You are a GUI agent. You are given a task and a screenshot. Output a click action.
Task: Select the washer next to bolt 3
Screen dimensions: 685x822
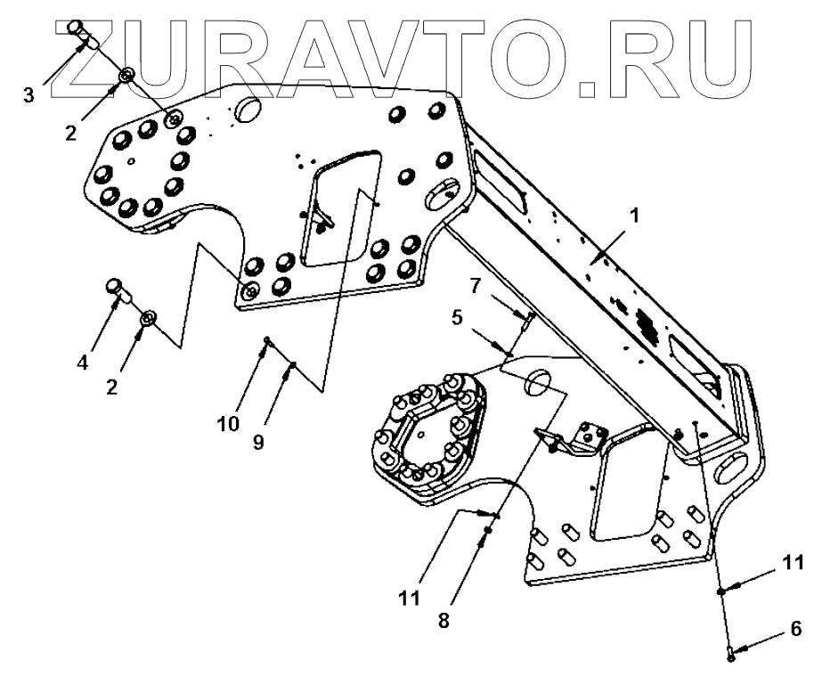(126, 75)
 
